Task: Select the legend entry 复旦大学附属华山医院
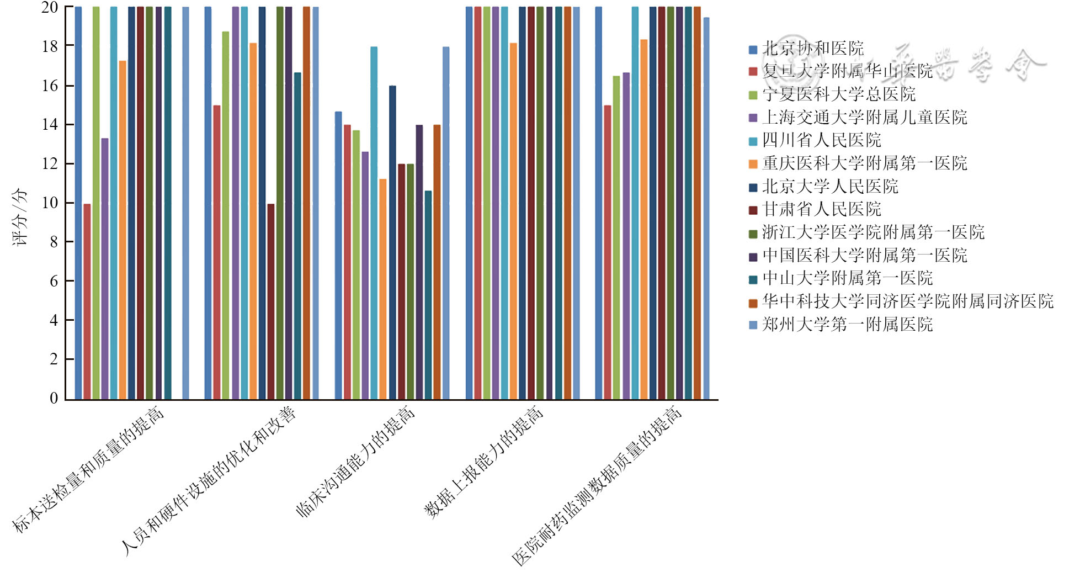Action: point(847,71)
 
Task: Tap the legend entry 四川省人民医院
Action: point(821,140)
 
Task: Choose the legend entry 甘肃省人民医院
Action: point(821,209)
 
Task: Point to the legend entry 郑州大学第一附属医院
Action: point(847,324)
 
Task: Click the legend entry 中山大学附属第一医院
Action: point(847,278)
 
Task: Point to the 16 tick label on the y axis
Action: point(50,86)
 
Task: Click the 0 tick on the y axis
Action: point(54,398)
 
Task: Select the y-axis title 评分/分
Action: point(20,217)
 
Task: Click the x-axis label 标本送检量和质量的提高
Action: point(88,469)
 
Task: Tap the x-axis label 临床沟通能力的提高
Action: point(355,462)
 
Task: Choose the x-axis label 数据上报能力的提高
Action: point(483,462)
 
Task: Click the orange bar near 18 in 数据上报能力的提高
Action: point(514,221)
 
